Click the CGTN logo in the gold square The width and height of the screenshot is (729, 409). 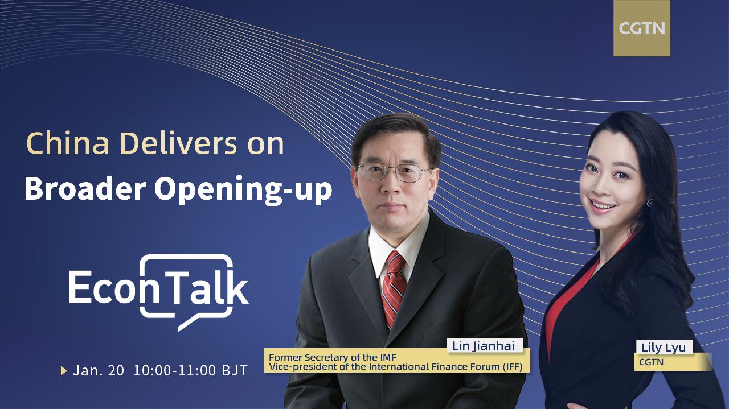click(642, 28)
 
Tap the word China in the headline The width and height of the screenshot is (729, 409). click(68, 143)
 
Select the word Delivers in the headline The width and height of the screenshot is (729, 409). click(179, 143)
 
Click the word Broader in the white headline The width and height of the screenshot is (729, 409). click(85, 189)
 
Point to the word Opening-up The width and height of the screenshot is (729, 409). click(243, 190)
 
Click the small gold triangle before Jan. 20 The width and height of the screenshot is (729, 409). click(64, 371)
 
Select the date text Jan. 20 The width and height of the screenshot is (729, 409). click(99, 371)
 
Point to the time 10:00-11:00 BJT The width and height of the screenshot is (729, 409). click(190, 371)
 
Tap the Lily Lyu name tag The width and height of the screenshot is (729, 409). click(664, 347)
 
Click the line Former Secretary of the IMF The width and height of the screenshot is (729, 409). click(332, 357)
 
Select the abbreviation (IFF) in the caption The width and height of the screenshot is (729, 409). click(513, 367)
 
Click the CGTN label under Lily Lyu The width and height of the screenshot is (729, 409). click(651, 362)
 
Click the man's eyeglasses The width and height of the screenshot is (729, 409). click(395, 172)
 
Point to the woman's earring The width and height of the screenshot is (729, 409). click(650, 203)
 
